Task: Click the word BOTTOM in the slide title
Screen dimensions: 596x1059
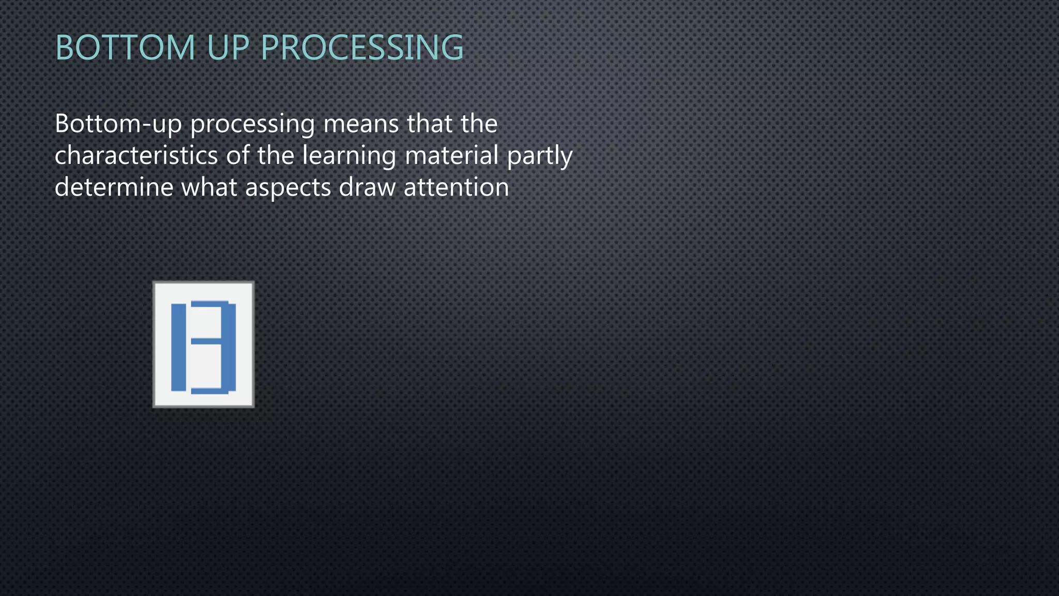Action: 125,48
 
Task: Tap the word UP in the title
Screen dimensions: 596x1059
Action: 228,48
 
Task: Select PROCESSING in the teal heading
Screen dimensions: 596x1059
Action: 362,48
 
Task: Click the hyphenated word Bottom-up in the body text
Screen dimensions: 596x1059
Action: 118,124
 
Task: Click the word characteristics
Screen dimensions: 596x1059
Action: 136,155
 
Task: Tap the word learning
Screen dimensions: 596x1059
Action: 349,156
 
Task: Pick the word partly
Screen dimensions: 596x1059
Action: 540,156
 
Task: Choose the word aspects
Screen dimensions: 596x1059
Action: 288,188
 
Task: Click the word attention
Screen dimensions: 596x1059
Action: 457,187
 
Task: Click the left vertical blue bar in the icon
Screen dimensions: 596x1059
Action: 178,347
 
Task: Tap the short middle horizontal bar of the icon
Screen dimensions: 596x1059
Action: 206,341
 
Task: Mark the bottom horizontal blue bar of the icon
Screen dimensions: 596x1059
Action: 209,391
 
